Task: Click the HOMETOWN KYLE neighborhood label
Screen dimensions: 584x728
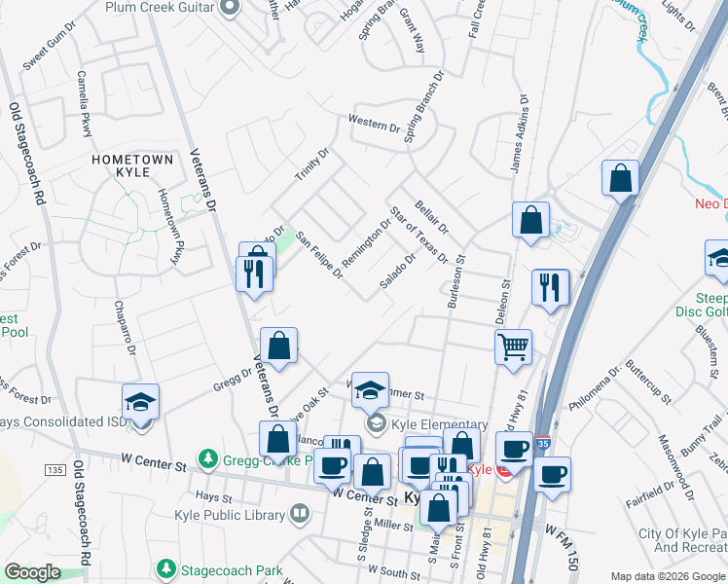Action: point(132,164)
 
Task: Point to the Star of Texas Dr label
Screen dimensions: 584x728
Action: point(418,235)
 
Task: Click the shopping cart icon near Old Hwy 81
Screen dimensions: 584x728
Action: point(513,347)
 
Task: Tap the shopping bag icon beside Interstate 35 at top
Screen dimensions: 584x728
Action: point(620,179)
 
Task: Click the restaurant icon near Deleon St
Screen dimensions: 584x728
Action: point(550,287)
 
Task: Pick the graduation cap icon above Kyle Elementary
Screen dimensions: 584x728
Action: point(370,391)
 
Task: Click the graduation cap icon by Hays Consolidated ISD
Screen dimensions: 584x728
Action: point(140,402)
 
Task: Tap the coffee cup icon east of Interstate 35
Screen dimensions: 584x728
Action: point(552,475)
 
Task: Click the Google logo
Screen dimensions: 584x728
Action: point(33,572)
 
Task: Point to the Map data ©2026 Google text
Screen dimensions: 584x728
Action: point(667,576)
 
